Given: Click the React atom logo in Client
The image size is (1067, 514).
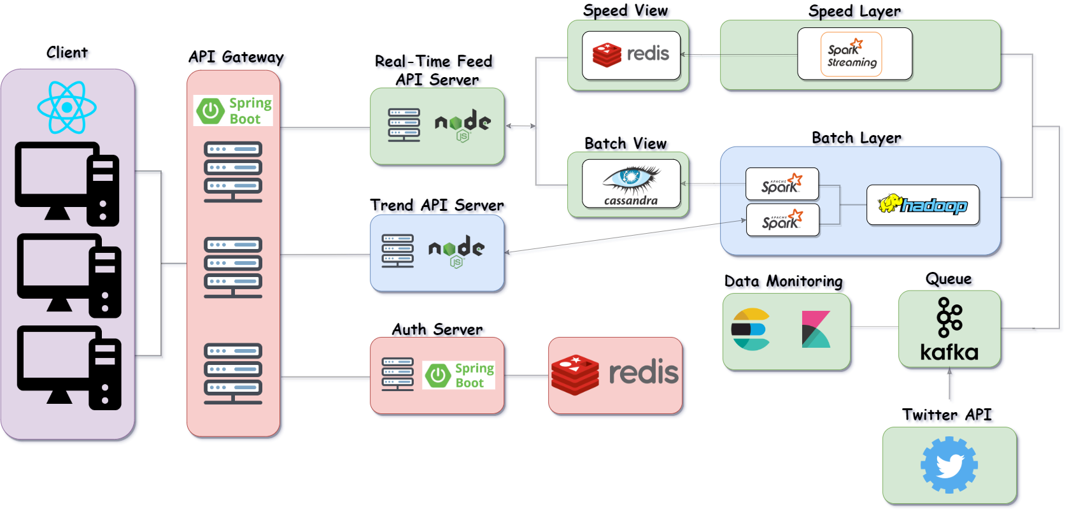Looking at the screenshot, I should coord(67,107).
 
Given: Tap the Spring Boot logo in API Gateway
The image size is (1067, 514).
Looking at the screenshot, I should coord(233,111).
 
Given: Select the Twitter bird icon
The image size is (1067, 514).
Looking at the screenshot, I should coord(949,465).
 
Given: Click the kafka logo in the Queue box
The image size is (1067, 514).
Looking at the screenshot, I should coord(949,329).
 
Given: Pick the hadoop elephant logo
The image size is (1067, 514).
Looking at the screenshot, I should coord(922,204).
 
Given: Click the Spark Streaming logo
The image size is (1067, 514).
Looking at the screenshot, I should coord(851,55).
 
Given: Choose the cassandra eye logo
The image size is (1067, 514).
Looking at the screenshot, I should coord(631,183).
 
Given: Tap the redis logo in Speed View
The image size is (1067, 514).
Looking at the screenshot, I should coord(631,55).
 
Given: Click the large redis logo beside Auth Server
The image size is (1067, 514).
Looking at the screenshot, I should coord(615,375).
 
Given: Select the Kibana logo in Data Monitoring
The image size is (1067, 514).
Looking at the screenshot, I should coord(816,329).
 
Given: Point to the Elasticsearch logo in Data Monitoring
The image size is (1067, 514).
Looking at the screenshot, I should coord(751,329).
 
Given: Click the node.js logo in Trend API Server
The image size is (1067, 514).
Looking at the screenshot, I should coord(456,251).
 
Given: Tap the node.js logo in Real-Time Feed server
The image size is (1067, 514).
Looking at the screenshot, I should coord(463,124).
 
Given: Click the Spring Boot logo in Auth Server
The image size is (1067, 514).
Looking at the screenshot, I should coord(458,375).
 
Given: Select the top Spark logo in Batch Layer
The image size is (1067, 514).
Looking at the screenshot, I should coord(782,184).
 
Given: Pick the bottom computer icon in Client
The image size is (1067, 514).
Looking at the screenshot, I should coord(68,368).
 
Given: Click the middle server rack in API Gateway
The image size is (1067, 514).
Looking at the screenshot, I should coord(233,267).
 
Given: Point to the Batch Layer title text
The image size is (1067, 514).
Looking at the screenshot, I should coord(856,138).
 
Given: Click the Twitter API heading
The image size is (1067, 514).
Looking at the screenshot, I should coord(947,415).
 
